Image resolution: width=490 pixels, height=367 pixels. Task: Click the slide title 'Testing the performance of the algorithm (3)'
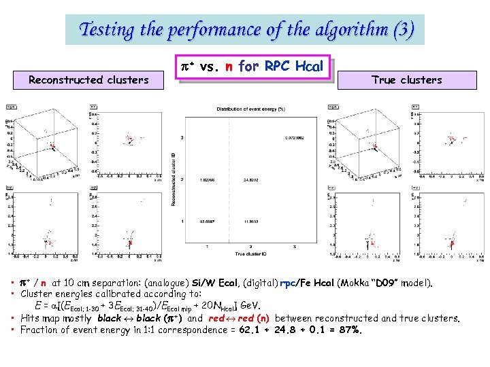click(x=245, y=30)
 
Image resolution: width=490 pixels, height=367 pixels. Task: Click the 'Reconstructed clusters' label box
click(x=88, y=80)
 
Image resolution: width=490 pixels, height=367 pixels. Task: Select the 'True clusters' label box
click(x=406, y=80)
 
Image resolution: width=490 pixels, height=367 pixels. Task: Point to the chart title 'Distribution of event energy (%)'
click(x=251, y=109)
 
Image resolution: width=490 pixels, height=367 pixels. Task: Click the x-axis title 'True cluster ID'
click(x=250, y=254)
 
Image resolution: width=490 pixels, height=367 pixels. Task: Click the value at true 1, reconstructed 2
click(x=208, y=180)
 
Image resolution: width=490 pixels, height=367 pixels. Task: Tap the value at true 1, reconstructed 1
click(x=207, y=222)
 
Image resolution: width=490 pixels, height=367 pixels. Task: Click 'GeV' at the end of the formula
click(x=252, y=306)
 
